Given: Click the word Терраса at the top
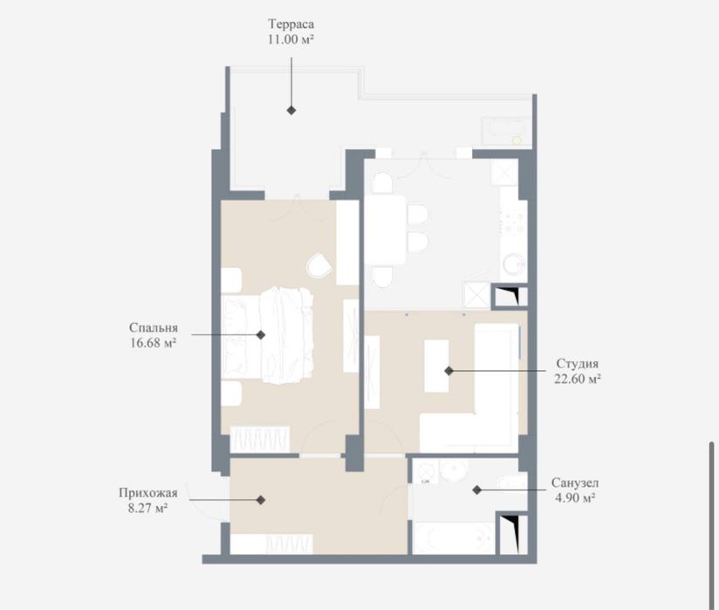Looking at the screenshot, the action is (x=291, y=24).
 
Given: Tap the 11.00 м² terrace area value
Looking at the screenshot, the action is (x=291, y=39).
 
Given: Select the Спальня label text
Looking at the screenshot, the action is (x=154, y=328).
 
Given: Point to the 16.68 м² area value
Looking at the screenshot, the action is (x=154, y=343).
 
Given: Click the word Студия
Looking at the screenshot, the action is (x=578, y=364).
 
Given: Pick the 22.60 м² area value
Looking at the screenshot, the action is (x=578, y=380).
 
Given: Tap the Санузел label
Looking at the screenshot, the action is (x=574, y=483).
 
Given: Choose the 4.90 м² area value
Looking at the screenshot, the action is (x=575, y=498).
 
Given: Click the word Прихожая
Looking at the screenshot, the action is (x=148, y=494).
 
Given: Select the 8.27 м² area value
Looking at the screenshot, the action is (x=147, y=509).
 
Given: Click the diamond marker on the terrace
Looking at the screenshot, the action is (x=291, y=110).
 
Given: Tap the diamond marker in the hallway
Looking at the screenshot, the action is (x=260, y=500).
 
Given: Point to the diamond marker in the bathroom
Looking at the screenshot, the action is (x=477, y=490).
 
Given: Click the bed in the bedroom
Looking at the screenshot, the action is (x=267, y=336).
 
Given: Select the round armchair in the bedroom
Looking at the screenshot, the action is (x=319, y=265).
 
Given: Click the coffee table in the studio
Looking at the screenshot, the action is (x=436, y=366).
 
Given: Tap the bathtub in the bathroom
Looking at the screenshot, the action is (x=454, y=538).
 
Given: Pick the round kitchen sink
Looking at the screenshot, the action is (x=514, y=264).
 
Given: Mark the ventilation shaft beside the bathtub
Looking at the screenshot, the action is (x=511, y=533).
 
